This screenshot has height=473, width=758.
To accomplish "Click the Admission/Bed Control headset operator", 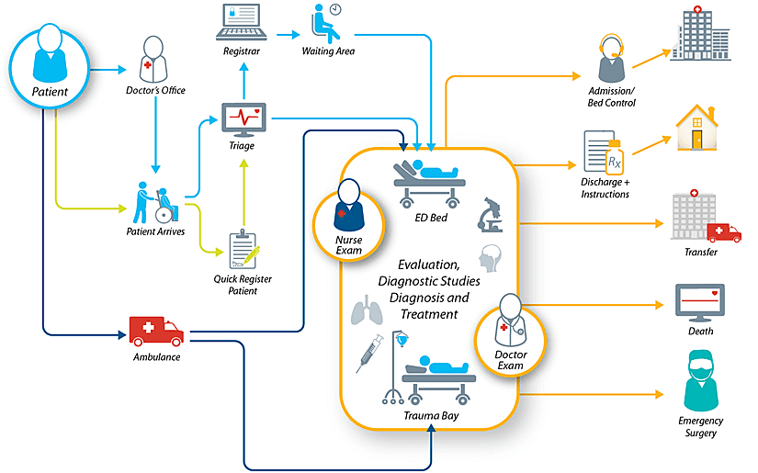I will pyautogui.click(x=611, y=61).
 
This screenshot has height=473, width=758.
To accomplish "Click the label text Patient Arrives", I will pyautogui.click(x=155, y=232).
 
